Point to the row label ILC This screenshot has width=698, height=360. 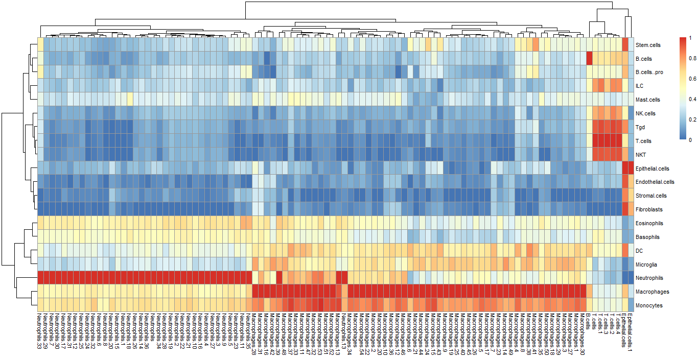point(639,86)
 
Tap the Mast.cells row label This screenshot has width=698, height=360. point(647,100)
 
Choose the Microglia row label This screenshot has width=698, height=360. point(646,265)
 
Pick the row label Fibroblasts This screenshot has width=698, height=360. point(647,209)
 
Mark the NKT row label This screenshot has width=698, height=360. point(640,155)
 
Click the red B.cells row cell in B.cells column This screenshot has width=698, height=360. point(589,59)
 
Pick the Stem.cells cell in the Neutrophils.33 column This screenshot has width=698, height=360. point(40,45)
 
